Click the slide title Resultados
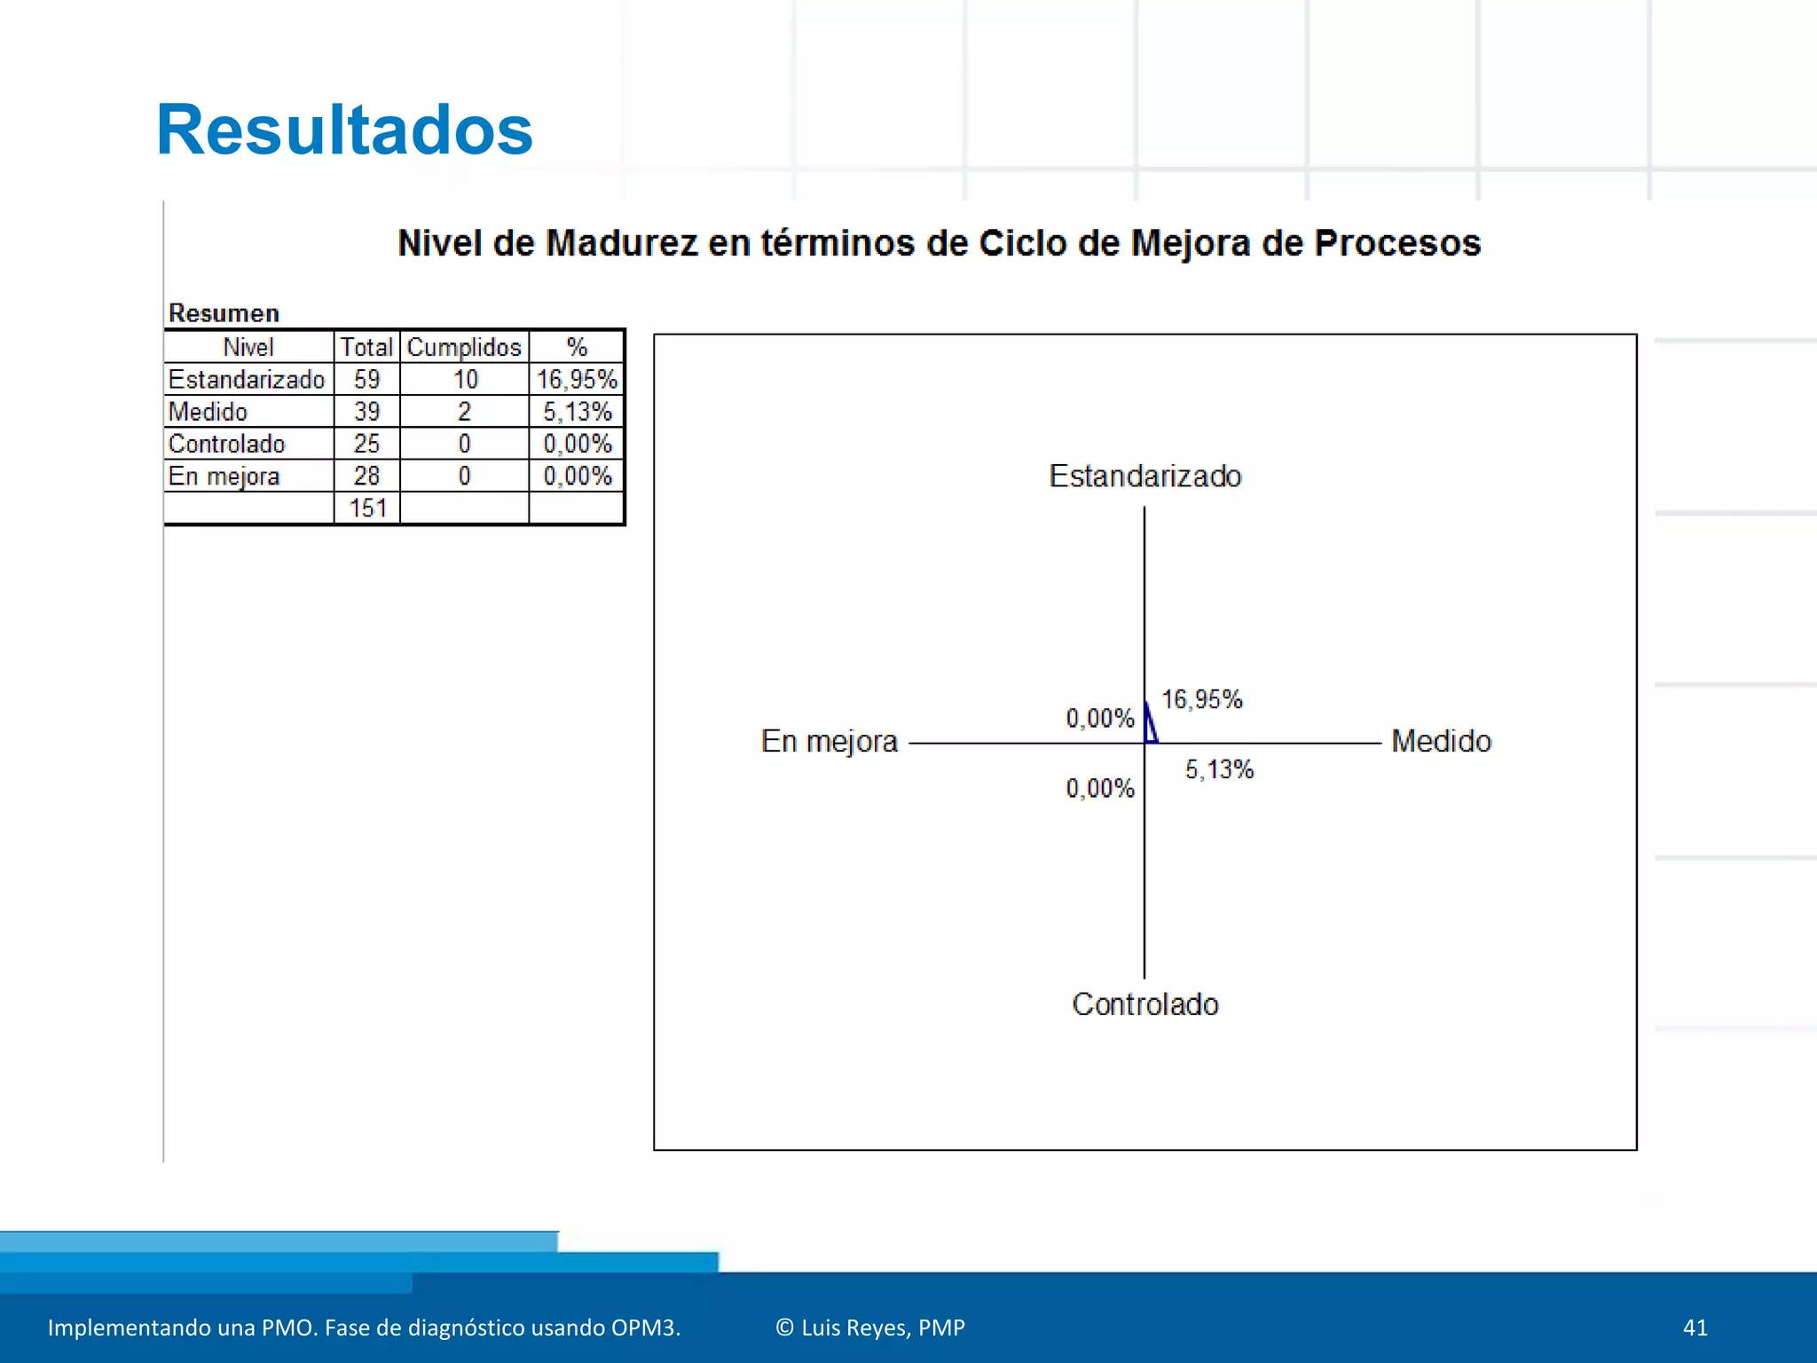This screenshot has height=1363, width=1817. (x=344, y=130)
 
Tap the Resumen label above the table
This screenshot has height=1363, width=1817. (x=224, y=313)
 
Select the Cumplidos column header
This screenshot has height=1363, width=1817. (x=464, y=347)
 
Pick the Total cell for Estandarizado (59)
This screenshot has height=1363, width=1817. (x=366, y=380)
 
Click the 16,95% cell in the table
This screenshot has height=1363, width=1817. (x=577, y=380)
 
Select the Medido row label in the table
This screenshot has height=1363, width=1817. (x=208, y=412)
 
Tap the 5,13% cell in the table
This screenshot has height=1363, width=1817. (x=577, y=412)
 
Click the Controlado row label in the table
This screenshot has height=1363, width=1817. (x=226, y=444)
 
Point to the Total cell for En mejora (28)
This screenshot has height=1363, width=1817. (x=366, y=476)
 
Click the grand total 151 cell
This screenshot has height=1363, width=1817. (x=367, y=508)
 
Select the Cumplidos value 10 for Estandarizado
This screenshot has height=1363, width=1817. (x=465, y=380)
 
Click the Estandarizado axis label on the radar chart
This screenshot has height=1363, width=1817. (x=1144, y=477)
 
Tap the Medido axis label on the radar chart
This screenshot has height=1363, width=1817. (x=1441, y=741)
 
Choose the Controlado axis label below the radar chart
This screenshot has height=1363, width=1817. (x=1144, y=1004)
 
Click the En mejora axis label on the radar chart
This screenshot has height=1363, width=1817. (x=830, y=741)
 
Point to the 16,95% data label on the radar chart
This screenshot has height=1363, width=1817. (x=1202, y=699)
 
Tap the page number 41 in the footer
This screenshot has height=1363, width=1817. (x=1695, y=1328)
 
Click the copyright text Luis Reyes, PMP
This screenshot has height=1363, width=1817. (x=870, y=1328)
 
